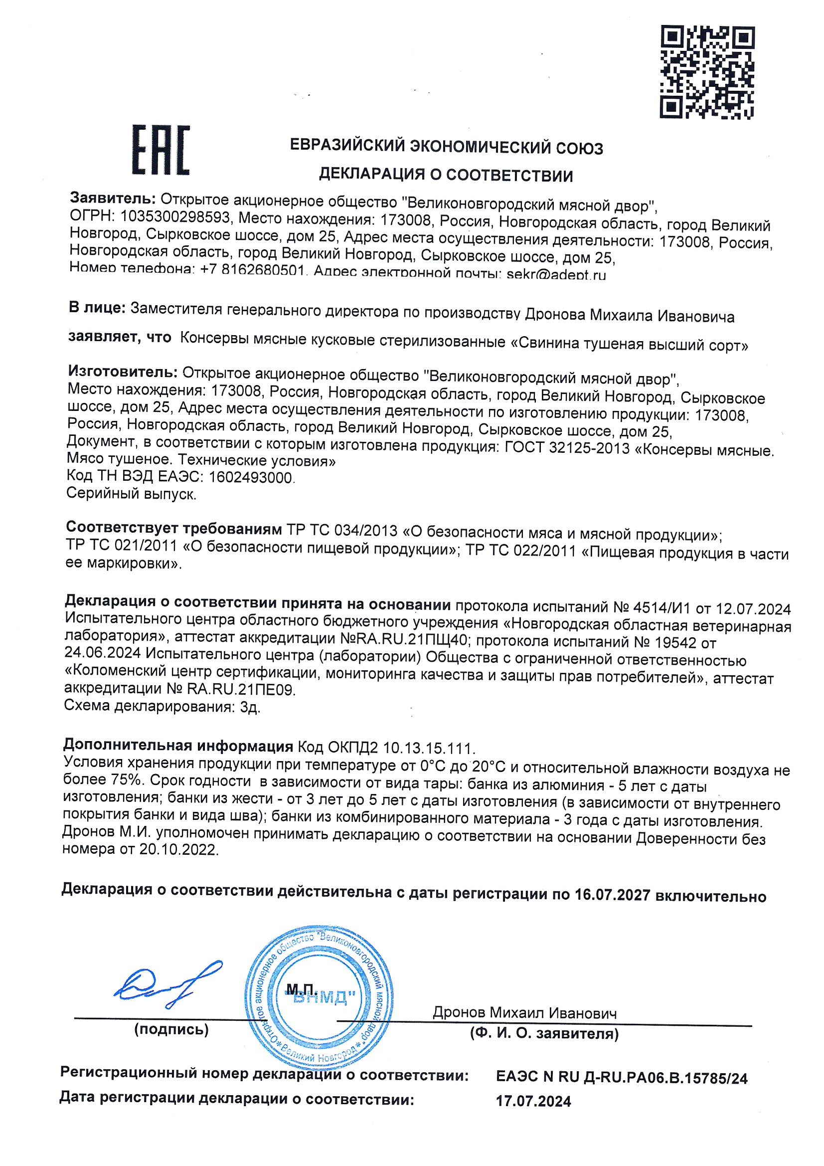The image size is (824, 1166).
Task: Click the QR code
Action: pos(707,72)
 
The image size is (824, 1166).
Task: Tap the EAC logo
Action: pos(161,150)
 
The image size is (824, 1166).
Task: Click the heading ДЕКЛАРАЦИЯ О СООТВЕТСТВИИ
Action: pos(446,175)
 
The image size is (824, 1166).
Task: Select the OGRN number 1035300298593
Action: pos(175,217)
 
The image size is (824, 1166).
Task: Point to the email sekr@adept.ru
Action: pos(556,275)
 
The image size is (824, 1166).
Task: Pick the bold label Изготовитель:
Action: pos(122,372)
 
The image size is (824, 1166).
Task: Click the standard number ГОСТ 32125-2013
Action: pos(567,447)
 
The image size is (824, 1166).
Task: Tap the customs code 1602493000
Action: pos(251,477)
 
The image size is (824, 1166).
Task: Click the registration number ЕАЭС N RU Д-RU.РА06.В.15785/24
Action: pos(622,1077)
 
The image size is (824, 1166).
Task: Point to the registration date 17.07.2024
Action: pos(533,1101)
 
